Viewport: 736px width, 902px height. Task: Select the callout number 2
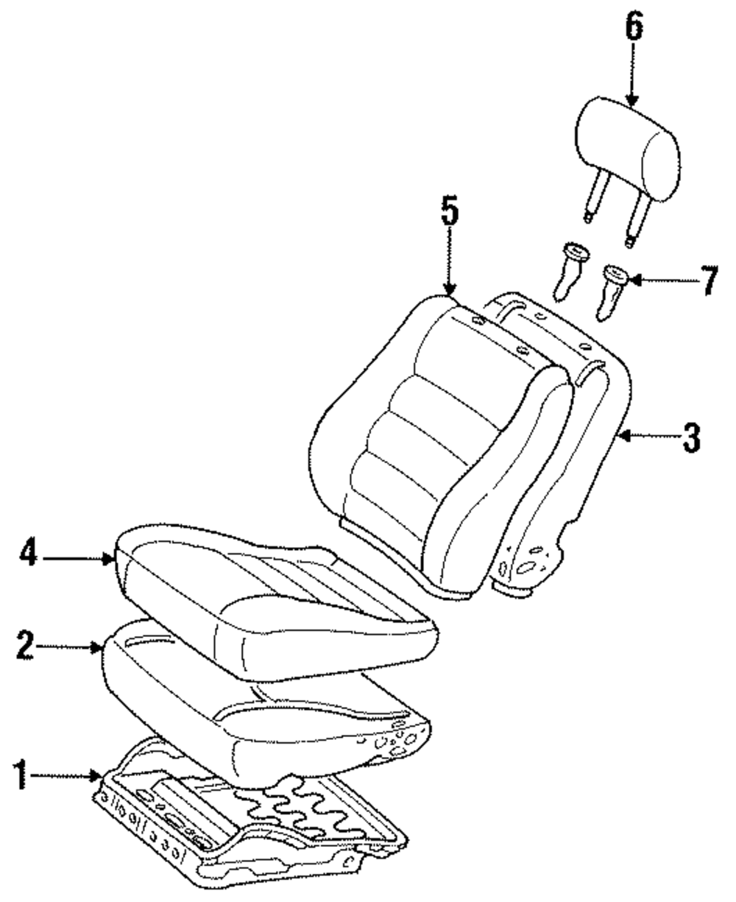(24, 647)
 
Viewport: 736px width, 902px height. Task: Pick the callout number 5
(450, 214)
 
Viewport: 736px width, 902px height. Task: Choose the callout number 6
(634, 29)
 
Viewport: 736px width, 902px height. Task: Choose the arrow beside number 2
(70, 647)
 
